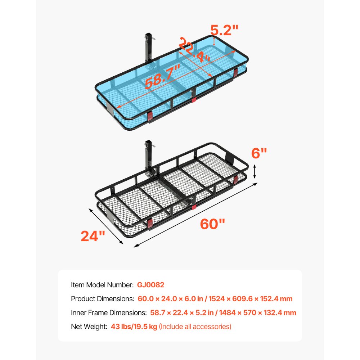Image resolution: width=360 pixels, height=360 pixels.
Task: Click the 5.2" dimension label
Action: [x=225, y=29]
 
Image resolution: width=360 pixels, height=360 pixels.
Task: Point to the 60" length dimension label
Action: [x=212, y=224]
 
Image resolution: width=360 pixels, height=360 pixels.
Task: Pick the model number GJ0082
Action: [x=150, y=285]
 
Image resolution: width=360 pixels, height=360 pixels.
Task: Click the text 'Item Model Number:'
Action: [x=102, y=285]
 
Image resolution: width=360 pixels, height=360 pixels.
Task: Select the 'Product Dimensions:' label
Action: [x=102, y=299]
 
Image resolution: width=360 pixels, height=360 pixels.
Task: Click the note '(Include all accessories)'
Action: [x=195, y=327]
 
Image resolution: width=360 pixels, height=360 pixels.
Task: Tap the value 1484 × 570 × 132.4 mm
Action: [x=258, y=312]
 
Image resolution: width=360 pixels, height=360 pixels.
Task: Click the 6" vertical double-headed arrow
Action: [x=255, y=171]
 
